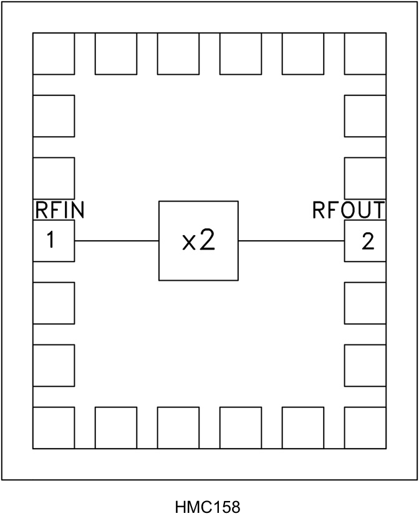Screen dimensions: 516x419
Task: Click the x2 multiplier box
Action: click(x=198, y=241)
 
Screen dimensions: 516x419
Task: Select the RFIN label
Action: click(x=59, y=211)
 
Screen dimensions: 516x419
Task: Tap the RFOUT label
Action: click(x=349, y=211)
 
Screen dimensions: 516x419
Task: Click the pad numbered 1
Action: click(x=54, y=241)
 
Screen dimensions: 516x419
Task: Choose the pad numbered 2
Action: click(x=365, y=241)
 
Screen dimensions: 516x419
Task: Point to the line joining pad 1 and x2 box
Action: click(x=117, y=241)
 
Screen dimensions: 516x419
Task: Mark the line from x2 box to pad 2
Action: click(x=291, y=241)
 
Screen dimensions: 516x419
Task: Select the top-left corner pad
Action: click(x=54, y=54)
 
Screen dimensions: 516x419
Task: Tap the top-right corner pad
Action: click(x=365, y=54)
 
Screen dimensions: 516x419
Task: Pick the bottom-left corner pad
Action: click(x=54, y=427)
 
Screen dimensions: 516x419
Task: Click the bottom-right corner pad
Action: click(x=365, y=427)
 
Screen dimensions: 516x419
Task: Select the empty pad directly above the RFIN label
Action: click(x=54, y=178)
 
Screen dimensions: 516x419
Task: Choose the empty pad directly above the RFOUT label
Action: click(x=365, y=178)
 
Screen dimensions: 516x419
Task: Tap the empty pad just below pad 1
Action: click(x=54, y=303)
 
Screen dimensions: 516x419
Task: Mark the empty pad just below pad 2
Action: click(x=365, y=303)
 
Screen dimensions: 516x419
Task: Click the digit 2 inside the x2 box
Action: click(x=208, y=241)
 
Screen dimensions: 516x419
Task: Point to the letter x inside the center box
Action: click(x=189, y=243)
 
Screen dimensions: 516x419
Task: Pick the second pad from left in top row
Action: click(x=116, y=54)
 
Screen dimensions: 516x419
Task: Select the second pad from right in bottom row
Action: click(x=303, y=427)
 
